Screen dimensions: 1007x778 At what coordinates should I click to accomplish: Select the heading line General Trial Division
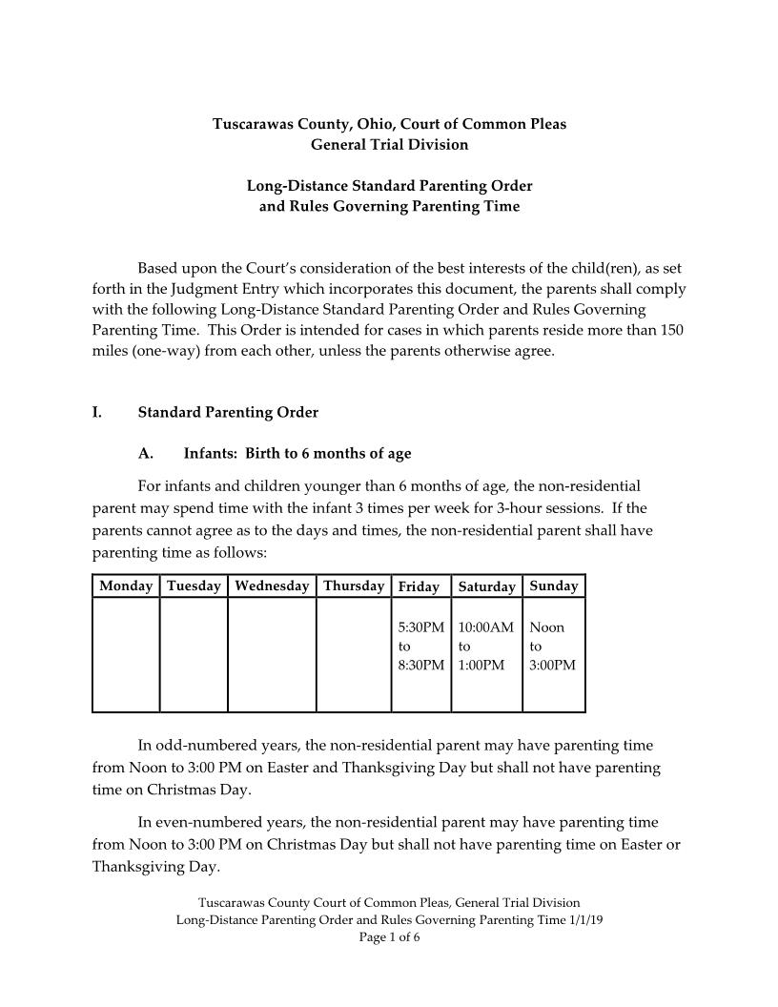[x=389, y=144]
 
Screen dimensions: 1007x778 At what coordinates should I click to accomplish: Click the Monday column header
[x=126, y=586]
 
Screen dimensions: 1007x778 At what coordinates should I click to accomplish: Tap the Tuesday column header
[x=194, y=586]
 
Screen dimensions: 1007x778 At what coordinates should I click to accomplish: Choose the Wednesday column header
[x=272, y=586]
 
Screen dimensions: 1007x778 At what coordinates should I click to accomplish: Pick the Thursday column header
[x=354, y=586]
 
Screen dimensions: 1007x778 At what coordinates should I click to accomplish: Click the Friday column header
[x=420, y=587]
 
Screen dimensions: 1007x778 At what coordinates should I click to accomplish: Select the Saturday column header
[x=486, y=587]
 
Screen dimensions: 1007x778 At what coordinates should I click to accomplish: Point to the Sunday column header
[x=553, y=586]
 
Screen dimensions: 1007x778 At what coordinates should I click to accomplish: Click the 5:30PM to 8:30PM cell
[x=420, y=647]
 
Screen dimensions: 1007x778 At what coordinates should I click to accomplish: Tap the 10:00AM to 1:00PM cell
[x=486, y=647]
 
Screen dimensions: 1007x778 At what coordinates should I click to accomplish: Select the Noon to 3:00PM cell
[x=553, y=647]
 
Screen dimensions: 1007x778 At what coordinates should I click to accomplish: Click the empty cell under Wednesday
[x=272, y=654]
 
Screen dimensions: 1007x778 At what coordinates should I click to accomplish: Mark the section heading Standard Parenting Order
[x=228, y=413]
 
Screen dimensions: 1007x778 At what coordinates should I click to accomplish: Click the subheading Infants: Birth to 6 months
[x=297, y=453]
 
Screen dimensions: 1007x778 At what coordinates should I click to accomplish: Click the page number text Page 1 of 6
[x=389, y=937]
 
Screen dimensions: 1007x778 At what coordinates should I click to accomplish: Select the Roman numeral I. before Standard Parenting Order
[x=97, y=413]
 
